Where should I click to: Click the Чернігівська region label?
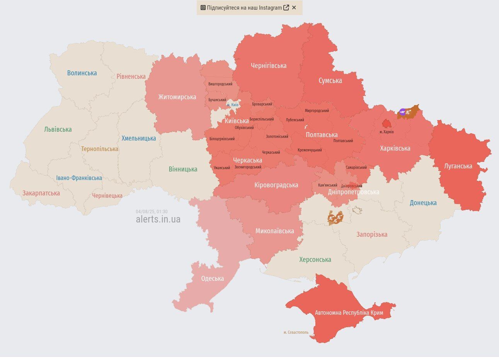[269, 66]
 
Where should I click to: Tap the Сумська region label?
[330, 81]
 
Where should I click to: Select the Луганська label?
[458, 166]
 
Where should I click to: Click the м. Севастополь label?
[296, 332]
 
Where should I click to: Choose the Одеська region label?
[212, 278]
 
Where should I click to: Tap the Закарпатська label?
[41, 193]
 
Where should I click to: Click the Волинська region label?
[82, 73]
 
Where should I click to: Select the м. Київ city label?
[232, 105]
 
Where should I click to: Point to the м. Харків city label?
[387, 132]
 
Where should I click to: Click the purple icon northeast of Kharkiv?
[402, 112]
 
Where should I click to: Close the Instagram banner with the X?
[294, 7]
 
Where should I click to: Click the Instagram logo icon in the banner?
[203, 7]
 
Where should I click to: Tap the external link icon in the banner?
[286, 7]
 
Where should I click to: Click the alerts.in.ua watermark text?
[158, 219]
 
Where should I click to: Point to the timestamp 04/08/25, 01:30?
[152, 212]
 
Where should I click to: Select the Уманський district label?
[221, 168]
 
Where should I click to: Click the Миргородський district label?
[317, 111]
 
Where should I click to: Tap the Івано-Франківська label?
[79, 178]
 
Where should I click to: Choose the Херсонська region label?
[315, 260]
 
